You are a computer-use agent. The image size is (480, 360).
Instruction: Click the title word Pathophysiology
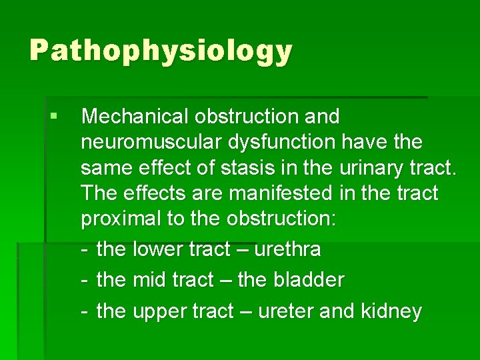click(161, 51)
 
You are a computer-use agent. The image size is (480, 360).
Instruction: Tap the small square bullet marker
click(53, 116)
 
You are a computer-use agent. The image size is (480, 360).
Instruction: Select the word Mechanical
click(135, 117)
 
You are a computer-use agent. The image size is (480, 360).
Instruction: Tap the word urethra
click(287, 250)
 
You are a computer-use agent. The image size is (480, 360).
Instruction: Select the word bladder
click(309, 281)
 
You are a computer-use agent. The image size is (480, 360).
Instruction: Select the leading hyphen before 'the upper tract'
click(85, 311)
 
